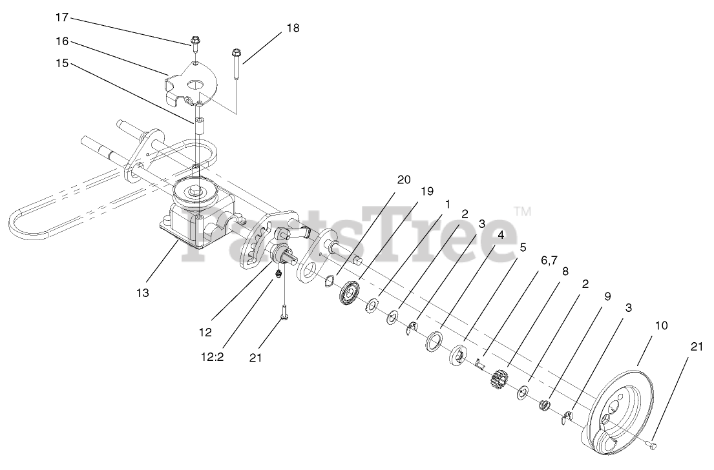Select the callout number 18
(293, 28)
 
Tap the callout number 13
(142, 293)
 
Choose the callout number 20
(404, 180)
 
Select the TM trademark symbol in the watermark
(522, 210)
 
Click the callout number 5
(522, 247)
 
